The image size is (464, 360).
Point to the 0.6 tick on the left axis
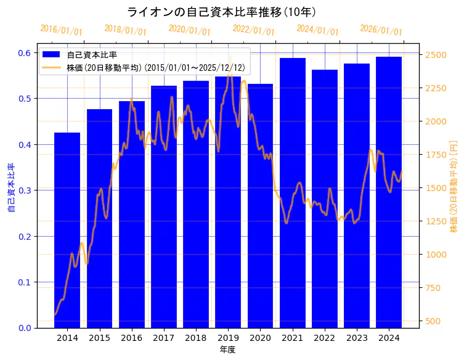(24, 53)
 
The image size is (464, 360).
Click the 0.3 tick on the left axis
(24, 190)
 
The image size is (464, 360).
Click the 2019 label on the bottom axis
(228, 338)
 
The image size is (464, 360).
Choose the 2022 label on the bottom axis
(324, 338)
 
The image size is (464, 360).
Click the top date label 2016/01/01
(61, 30)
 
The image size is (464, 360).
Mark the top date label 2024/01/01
(317, 30)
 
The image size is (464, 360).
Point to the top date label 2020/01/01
(189, 30)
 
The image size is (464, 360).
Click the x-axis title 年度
(228, 350)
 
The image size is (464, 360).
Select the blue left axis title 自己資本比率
(10, 188)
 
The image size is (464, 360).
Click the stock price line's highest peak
(230, 58)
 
